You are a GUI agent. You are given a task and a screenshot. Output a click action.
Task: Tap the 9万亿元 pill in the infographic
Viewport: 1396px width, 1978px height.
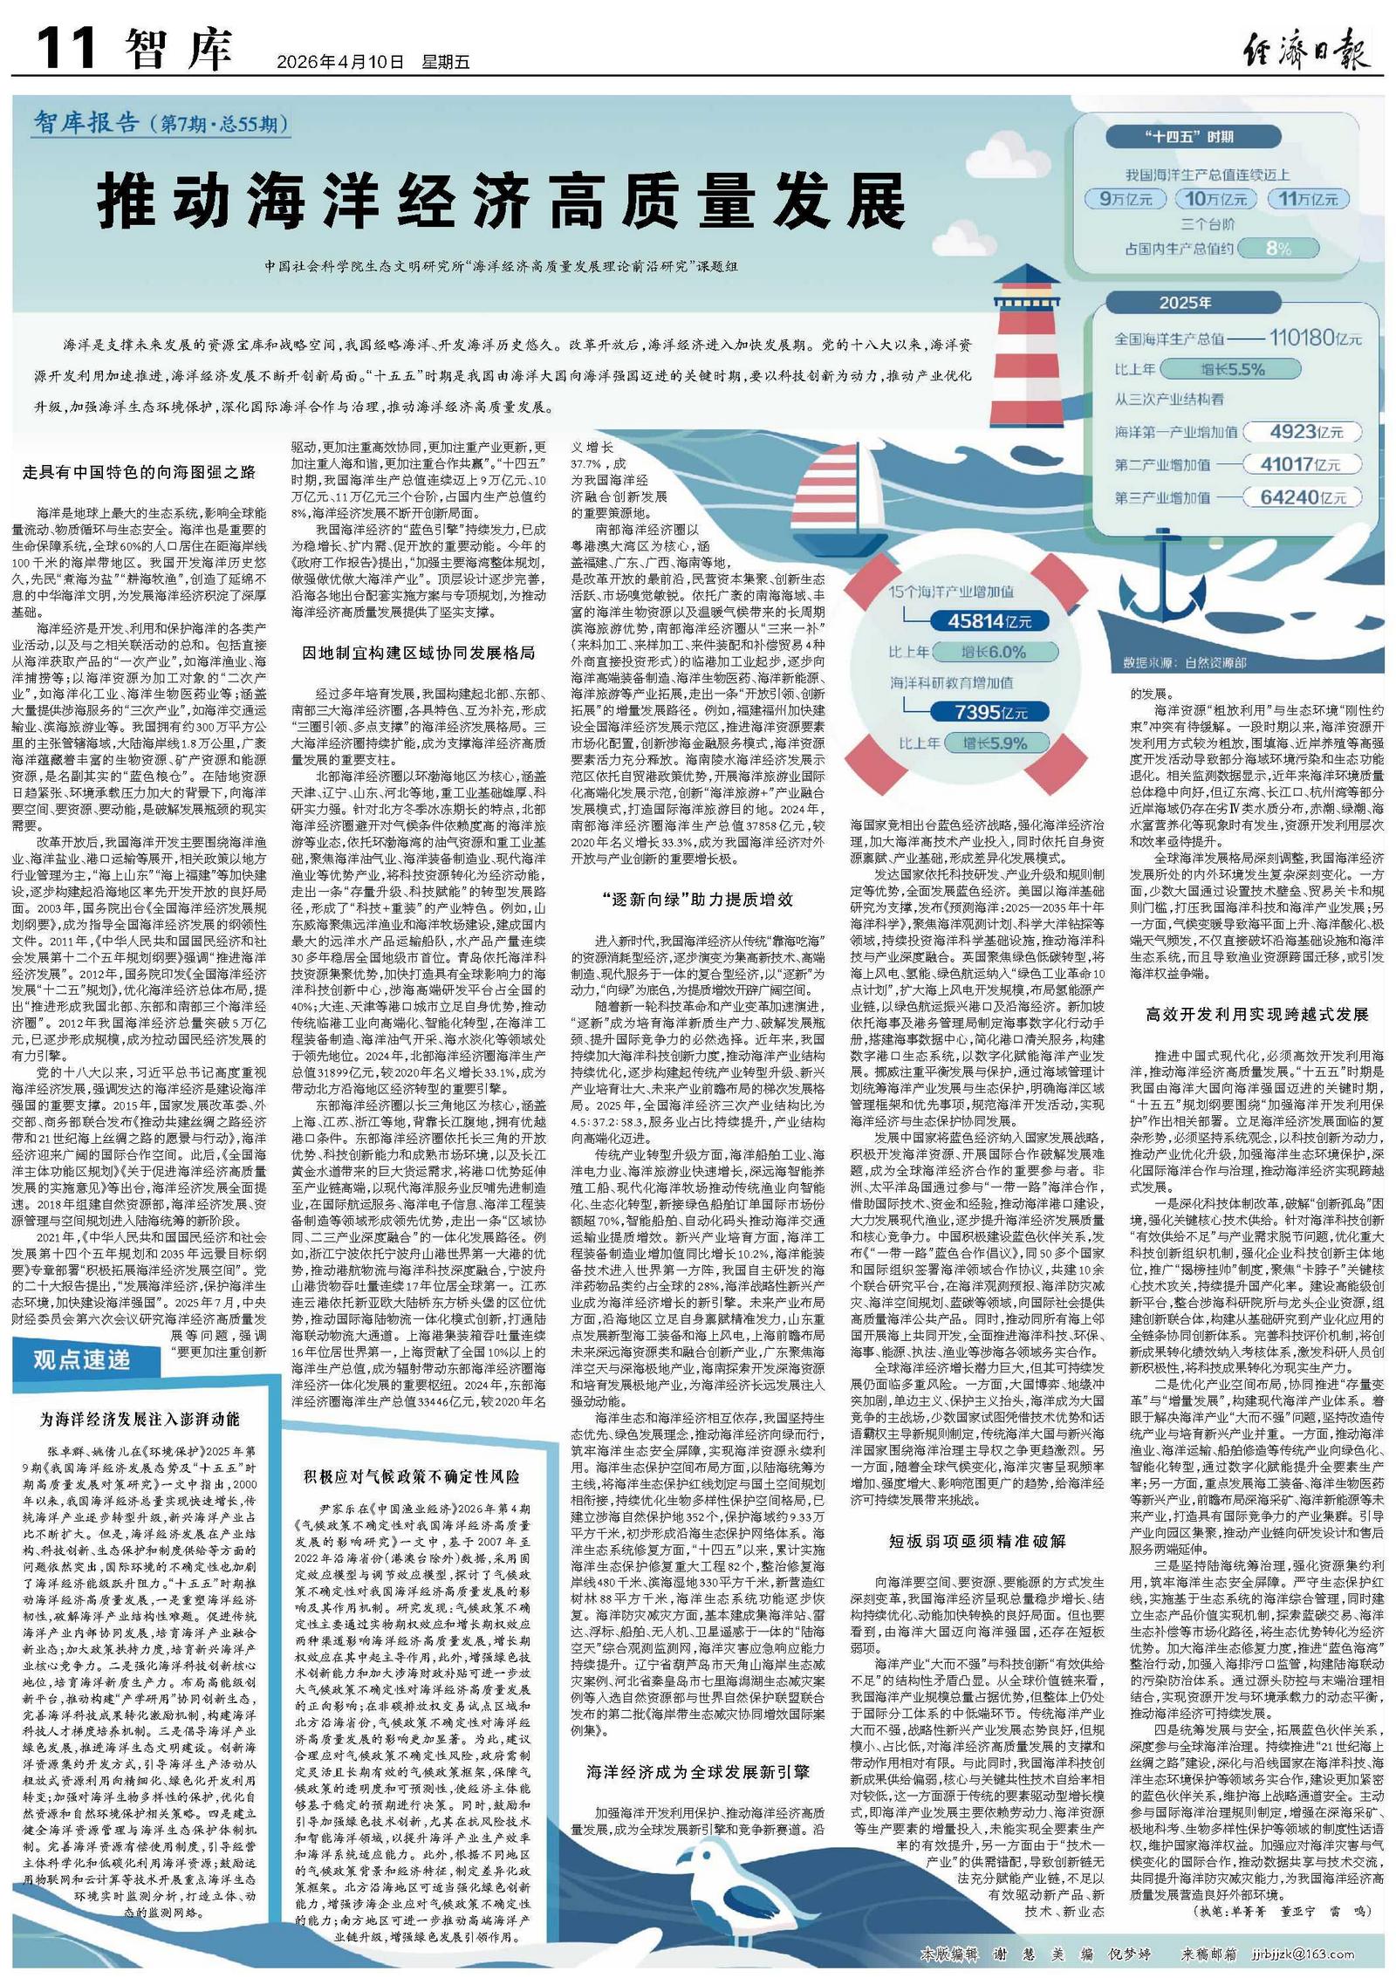1126,199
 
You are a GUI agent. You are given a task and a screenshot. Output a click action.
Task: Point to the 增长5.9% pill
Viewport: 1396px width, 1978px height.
995,743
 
